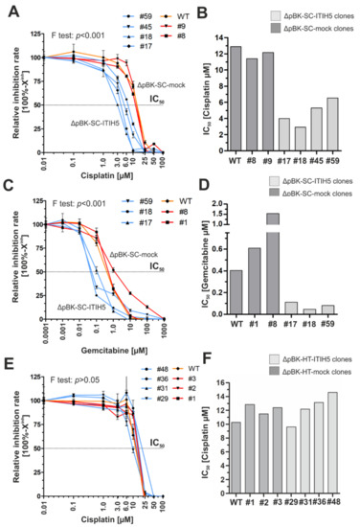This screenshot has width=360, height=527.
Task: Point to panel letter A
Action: click(x=8, y=9)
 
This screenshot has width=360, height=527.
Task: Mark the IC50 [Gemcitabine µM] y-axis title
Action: click(x=213, y=261)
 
